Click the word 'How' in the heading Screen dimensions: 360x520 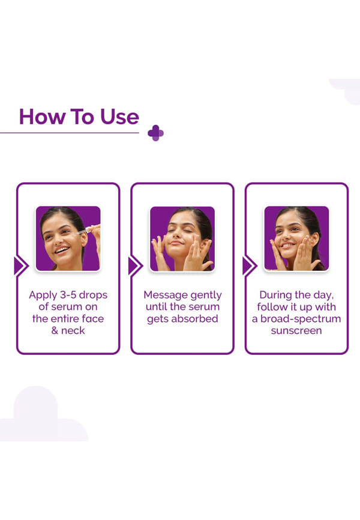coord(43,116)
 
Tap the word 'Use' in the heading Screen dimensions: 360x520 coord(119,116)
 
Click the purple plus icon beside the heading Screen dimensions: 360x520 coord(155,133)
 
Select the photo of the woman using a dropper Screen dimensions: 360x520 coord(68,238)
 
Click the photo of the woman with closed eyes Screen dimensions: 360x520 coord(182,238)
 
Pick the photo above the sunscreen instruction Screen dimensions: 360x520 coord(296,238)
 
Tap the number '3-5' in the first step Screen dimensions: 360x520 coord(68,294)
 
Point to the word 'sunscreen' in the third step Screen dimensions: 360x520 coord(296,331)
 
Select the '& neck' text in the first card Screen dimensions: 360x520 coord(68,331)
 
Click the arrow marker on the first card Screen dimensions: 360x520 coord(21,266)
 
